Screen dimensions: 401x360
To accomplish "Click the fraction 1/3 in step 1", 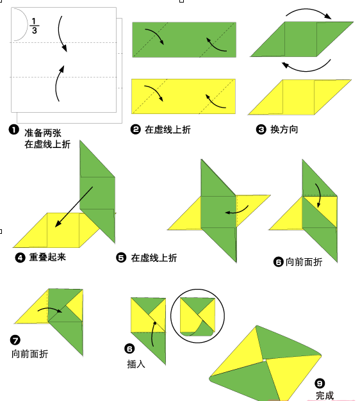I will (34, 25).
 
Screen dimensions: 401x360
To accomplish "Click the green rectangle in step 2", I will (183, 40).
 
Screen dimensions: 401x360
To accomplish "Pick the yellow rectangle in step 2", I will (183, 95).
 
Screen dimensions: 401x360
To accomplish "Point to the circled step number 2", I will (136, 129).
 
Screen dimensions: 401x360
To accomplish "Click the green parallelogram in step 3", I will (301, 40).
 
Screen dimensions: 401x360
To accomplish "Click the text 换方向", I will (284, 129).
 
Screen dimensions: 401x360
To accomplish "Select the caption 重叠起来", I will (47, 258).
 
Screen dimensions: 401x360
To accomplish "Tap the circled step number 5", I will (121, 258).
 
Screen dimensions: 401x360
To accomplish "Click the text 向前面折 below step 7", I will (29, 354).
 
